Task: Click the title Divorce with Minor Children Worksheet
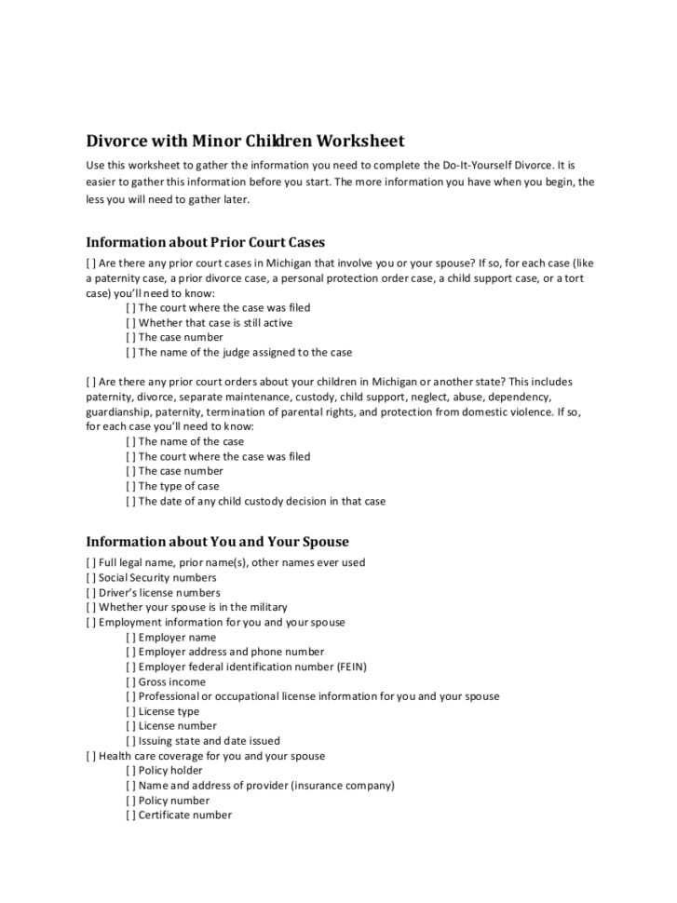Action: pyautogui.click(x=245, y=142)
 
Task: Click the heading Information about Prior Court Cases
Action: pyautogui.click(x=205, y=242)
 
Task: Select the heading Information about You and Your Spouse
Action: pyautogui.click(x=217, y=541)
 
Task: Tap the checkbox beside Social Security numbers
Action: pyautogui.click(x=90, y=578)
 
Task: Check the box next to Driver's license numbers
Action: pyautogui.click(x=90, y=593)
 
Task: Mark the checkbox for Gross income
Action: pyautogui.click(x=130, y=682)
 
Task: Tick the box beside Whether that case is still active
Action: pyautogui.click(x=130, y=323)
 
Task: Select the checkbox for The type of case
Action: pyautogui.click(x=130, y=487)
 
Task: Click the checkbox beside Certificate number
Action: pyautogui.click(x=130, y=815)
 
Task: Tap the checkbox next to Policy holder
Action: pyautogui.click(x=130, y=771)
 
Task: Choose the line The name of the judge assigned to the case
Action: pyautogui.click(x=245, y=353)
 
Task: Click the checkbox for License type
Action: pyautogui.click(x=130, y=712)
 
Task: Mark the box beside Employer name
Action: pyautogui.click(x=130, y=638)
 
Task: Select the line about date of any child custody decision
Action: pyautogui.click(x=261, y=502)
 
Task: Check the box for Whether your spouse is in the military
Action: pyautogui.click(x=90, y=608)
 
